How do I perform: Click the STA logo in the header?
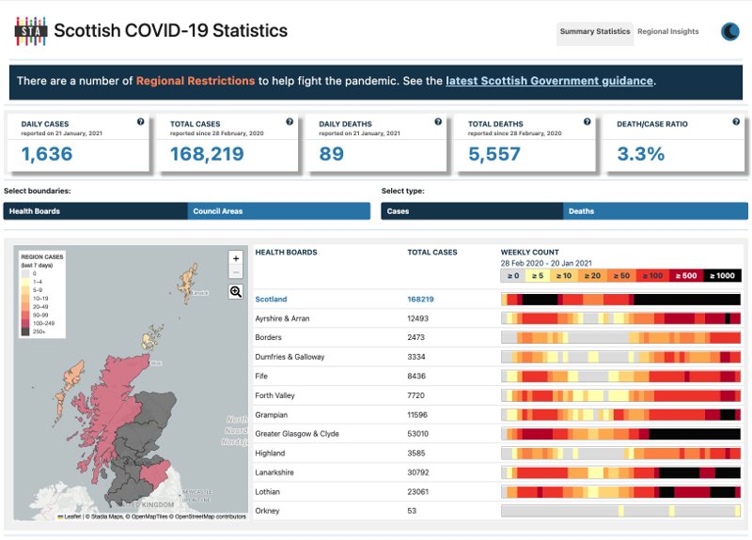(x=30, y=31)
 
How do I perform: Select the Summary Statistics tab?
(x=594, y=32)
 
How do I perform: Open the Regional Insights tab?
(x=668, y=32)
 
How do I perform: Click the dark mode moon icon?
(x=730, y=32)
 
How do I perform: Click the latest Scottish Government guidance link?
(x=549, y=81)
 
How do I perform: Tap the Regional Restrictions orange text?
(x=196, y=81)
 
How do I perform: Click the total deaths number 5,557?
(x=494, y=154)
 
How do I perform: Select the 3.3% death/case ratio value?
(x=641, y=154)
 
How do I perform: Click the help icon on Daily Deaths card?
(x=438, y=121)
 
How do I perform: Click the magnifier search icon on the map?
(x=236, y=292)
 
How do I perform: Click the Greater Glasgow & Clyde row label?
(x=297, y=434)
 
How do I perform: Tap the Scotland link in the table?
(x=272, y=300)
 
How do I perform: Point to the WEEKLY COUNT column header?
(x=529, y=253)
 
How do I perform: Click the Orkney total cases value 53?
(x=412, y=511)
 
